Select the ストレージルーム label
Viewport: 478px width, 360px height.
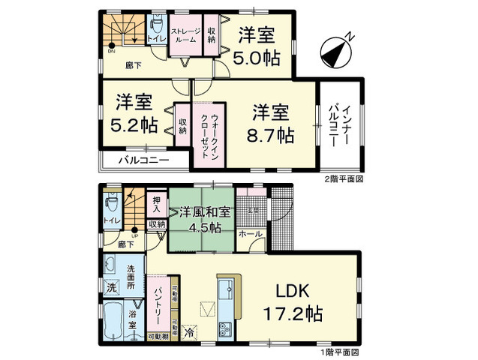(185, 35)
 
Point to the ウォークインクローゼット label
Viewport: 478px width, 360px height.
(209, 133)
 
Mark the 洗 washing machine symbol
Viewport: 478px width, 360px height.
(110, 288)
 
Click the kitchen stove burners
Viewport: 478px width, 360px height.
(224, 327)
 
